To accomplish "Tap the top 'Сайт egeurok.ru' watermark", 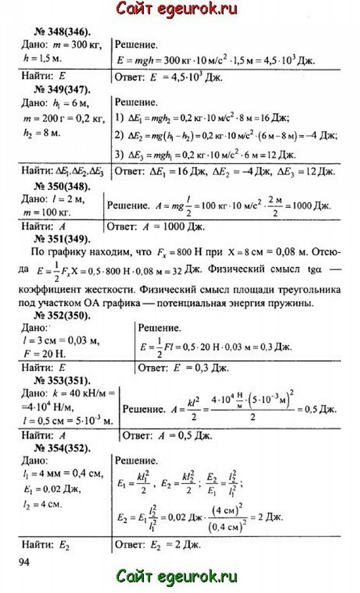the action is coord(177,9).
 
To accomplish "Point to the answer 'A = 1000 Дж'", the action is coord(172,226).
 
